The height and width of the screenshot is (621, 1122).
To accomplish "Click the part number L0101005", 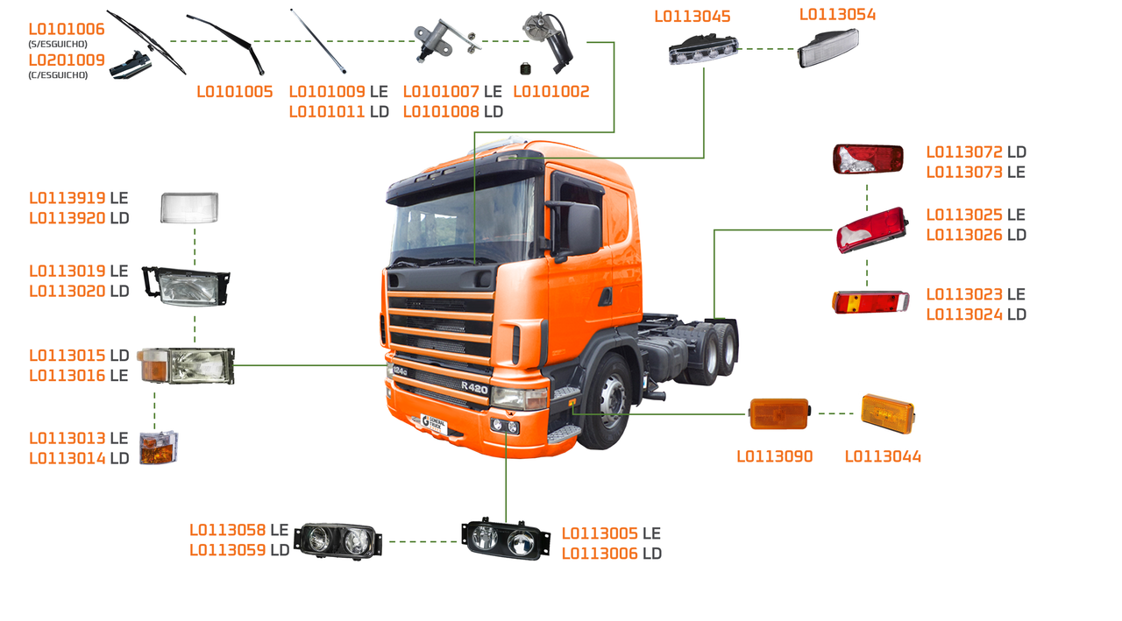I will [234, 92].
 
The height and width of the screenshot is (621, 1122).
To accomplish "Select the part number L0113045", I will [692, 17].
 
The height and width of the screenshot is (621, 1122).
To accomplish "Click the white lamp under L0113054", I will [828, 47].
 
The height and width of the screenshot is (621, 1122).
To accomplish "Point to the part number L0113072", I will [965, 152].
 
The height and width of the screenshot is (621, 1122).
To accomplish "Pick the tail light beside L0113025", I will [869, 230].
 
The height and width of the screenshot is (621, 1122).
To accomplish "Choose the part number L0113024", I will [964, 314].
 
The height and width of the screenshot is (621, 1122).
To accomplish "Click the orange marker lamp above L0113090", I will [779, 413].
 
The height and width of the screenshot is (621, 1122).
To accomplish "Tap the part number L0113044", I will [883, 456].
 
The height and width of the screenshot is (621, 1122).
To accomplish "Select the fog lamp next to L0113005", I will [506, 538].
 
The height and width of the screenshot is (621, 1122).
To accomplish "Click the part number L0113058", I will [228, 530].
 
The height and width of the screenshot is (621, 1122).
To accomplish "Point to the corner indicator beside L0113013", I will [159, 447].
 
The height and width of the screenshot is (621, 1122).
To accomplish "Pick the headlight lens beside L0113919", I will [189, 208].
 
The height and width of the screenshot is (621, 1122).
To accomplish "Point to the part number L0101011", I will [327, 112].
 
